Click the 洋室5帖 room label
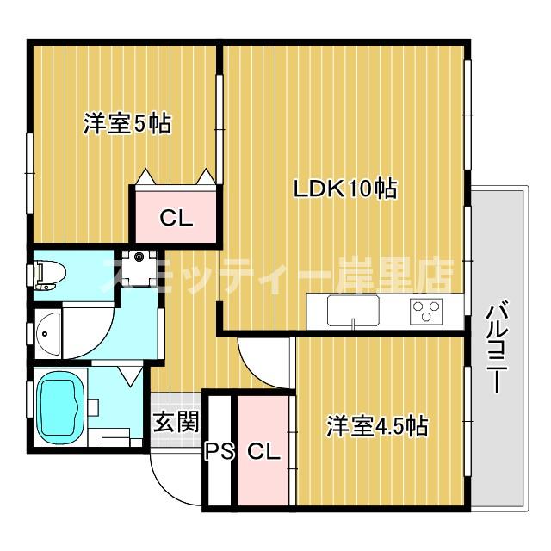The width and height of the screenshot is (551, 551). tap(127, 124)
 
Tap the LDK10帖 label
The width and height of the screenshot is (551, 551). tap(345, 189)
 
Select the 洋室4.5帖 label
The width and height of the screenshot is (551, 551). tap(377, 425)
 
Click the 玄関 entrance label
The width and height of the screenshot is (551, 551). tap(176, 421)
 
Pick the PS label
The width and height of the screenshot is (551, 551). tap(219, 451)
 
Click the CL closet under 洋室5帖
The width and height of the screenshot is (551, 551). tap(176, 219)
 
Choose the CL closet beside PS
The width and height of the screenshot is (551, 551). tap(263, 451)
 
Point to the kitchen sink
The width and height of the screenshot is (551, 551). tap(354, 310)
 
